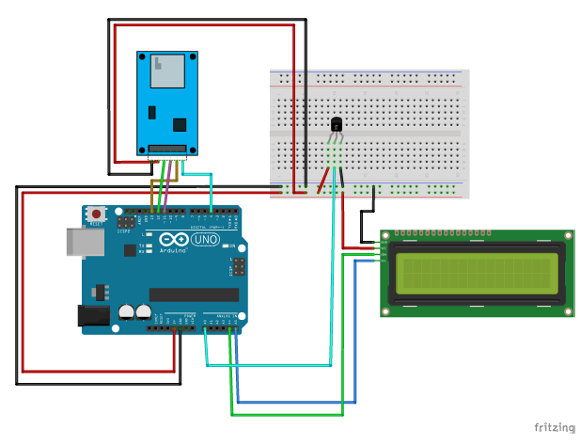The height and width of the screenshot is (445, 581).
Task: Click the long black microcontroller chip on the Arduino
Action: [x=194, y=294]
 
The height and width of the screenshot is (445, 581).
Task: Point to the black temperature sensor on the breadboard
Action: [x=337, y=123]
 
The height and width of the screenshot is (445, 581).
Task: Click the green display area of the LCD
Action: [x=476, y=272]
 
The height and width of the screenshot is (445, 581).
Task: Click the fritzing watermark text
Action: [x=554, y=428]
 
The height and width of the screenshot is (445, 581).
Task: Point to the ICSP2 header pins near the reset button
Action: [x=124, y=223]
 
